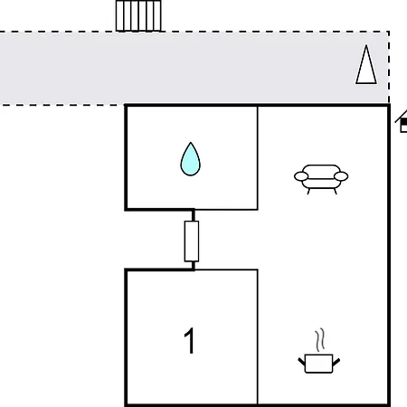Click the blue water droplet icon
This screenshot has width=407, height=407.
click(x=190, y=160)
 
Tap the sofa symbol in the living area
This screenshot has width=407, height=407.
click(x=321, y=179)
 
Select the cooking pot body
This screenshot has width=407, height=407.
click(x=319, y=364)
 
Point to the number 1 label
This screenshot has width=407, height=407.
click(x=190, y=341)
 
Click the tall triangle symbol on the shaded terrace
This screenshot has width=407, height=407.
click(x=366, y=65)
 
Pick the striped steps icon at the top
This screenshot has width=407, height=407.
click(x=138, y=15)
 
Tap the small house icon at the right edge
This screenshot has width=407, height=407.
click(x=402, y=121)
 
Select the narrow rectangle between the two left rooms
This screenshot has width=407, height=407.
click(x=192, y=241)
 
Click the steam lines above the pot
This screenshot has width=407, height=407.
click(x=320, y=340)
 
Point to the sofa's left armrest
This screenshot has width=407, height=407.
click(x=301, y=176)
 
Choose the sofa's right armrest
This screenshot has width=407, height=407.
click(x=341, y=176)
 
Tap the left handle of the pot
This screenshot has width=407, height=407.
click(x=302, y=362)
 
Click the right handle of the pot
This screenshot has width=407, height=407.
click(x=336, y=362)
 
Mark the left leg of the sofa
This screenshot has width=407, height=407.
click(x=308, y=191)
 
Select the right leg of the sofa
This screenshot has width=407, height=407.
click(x=335, y=191)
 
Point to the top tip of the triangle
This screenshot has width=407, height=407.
click(x=366, y=45)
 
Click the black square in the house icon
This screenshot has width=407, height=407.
click(x=404, y=122)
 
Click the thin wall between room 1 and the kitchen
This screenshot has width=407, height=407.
click(x=258, y=337)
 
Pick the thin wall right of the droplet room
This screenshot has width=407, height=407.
click(x=258, y=157)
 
